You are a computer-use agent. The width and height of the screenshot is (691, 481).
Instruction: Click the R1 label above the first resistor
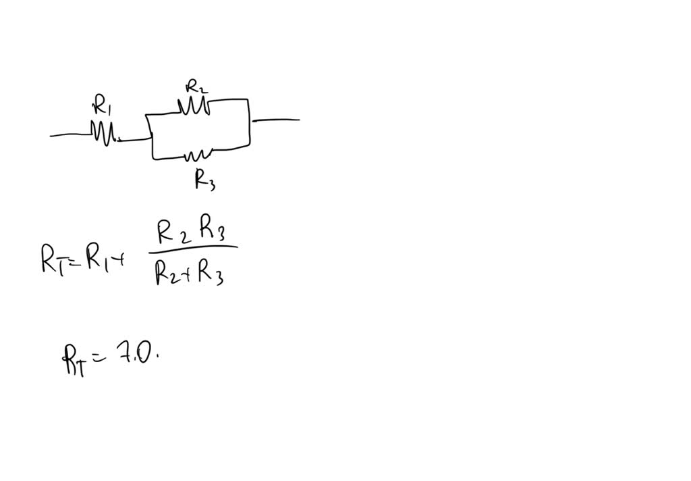pyautogui.click(x=101, y=106)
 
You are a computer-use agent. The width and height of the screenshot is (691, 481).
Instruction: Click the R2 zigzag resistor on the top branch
pyautogui.click(x=193, y=107)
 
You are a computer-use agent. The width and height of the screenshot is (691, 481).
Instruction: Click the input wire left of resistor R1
pyautogui.click(x=70, y=135)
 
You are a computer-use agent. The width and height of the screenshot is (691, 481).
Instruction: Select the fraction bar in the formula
pyautogui.click(x=193, y=247)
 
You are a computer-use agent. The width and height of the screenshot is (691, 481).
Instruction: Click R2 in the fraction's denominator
pyautogui.click(x=166, y=272)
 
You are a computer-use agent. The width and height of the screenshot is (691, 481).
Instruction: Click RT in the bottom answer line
pyautogui.click(x=74, y=359)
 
